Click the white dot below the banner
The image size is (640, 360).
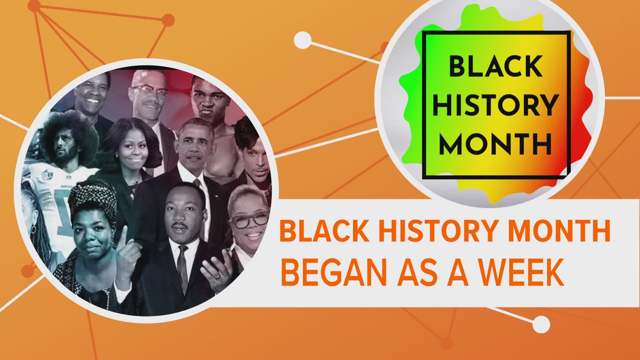pos(541,324)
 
